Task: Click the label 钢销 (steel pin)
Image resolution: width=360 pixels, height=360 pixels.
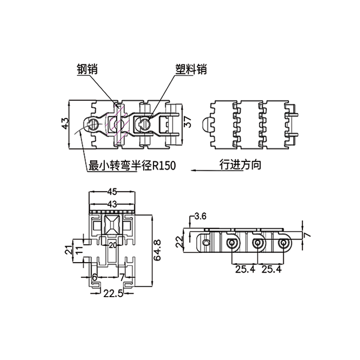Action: click(x=87, y=70)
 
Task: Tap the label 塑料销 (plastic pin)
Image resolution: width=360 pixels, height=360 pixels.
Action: click(x=191, y=70)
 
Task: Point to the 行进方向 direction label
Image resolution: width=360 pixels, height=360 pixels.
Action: click(x=240, y=166)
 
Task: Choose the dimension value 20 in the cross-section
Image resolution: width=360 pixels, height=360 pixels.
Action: click(x=112, y=245)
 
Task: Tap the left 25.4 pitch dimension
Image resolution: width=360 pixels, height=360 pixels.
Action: click(x=245, y=269)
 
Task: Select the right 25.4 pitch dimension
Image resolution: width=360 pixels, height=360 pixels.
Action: click(x=272, y=269)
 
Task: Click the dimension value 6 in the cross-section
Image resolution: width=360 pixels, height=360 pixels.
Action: click(x=95, y=277)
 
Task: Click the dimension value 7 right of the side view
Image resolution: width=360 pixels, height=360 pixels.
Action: click(x=307, y=235)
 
